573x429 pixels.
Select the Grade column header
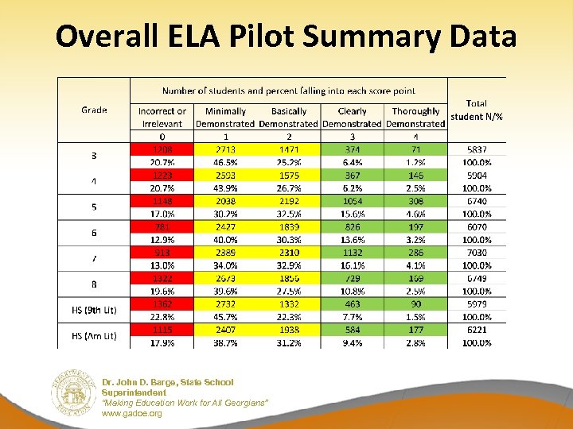94,110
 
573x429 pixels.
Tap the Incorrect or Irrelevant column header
162,118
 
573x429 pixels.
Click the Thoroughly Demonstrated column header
415,118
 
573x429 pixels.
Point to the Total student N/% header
476,110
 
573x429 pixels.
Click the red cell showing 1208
162,149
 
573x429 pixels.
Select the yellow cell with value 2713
225,149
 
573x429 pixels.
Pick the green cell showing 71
415,149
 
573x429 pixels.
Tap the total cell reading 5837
476,149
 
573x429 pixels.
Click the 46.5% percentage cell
225,162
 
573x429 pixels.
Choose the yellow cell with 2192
289,201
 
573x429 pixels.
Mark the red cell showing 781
162,226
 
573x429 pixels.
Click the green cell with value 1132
352,253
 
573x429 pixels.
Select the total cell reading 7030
476,253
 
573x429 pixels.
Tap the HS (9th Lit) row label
94,310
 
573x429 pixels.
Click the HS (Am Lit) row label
94,336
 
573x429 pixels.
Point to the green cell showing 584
352,330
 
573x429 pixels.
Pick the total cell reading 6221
476,330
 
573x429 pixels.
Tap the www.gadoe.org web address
131,413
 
